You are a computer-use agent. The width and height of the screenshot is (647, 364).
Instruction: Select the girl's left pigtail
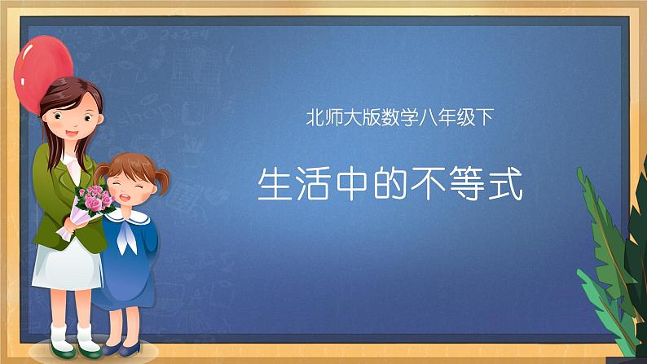tap(103, 175)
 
